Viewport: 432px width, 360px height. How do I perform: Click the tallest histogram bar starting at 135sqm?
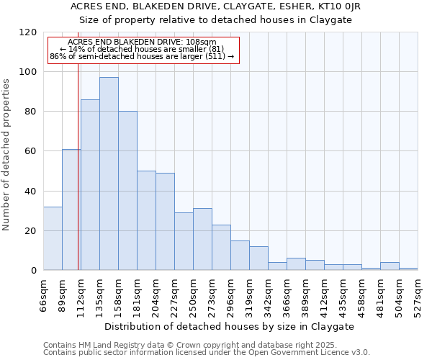pos(109,173)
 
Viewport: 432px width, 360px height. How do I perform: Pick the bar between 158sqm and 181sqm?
pos(127,191)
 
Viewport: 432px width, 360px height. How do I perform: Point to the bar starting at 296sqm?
pos(240,256)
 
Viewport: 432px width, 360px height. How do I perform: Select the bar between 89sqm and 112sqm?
pos(71,209)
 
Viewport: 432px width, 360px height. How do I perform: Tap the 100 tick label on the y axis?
pos(28,72)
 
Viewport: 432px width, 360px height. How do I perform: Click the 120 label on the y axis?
pos(28,32)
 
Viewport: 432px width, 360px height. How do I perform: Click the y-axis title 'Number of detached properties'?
pos(7,155)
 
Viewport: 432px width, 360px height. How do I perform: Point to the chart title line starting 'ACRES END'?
pos(215,6)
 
